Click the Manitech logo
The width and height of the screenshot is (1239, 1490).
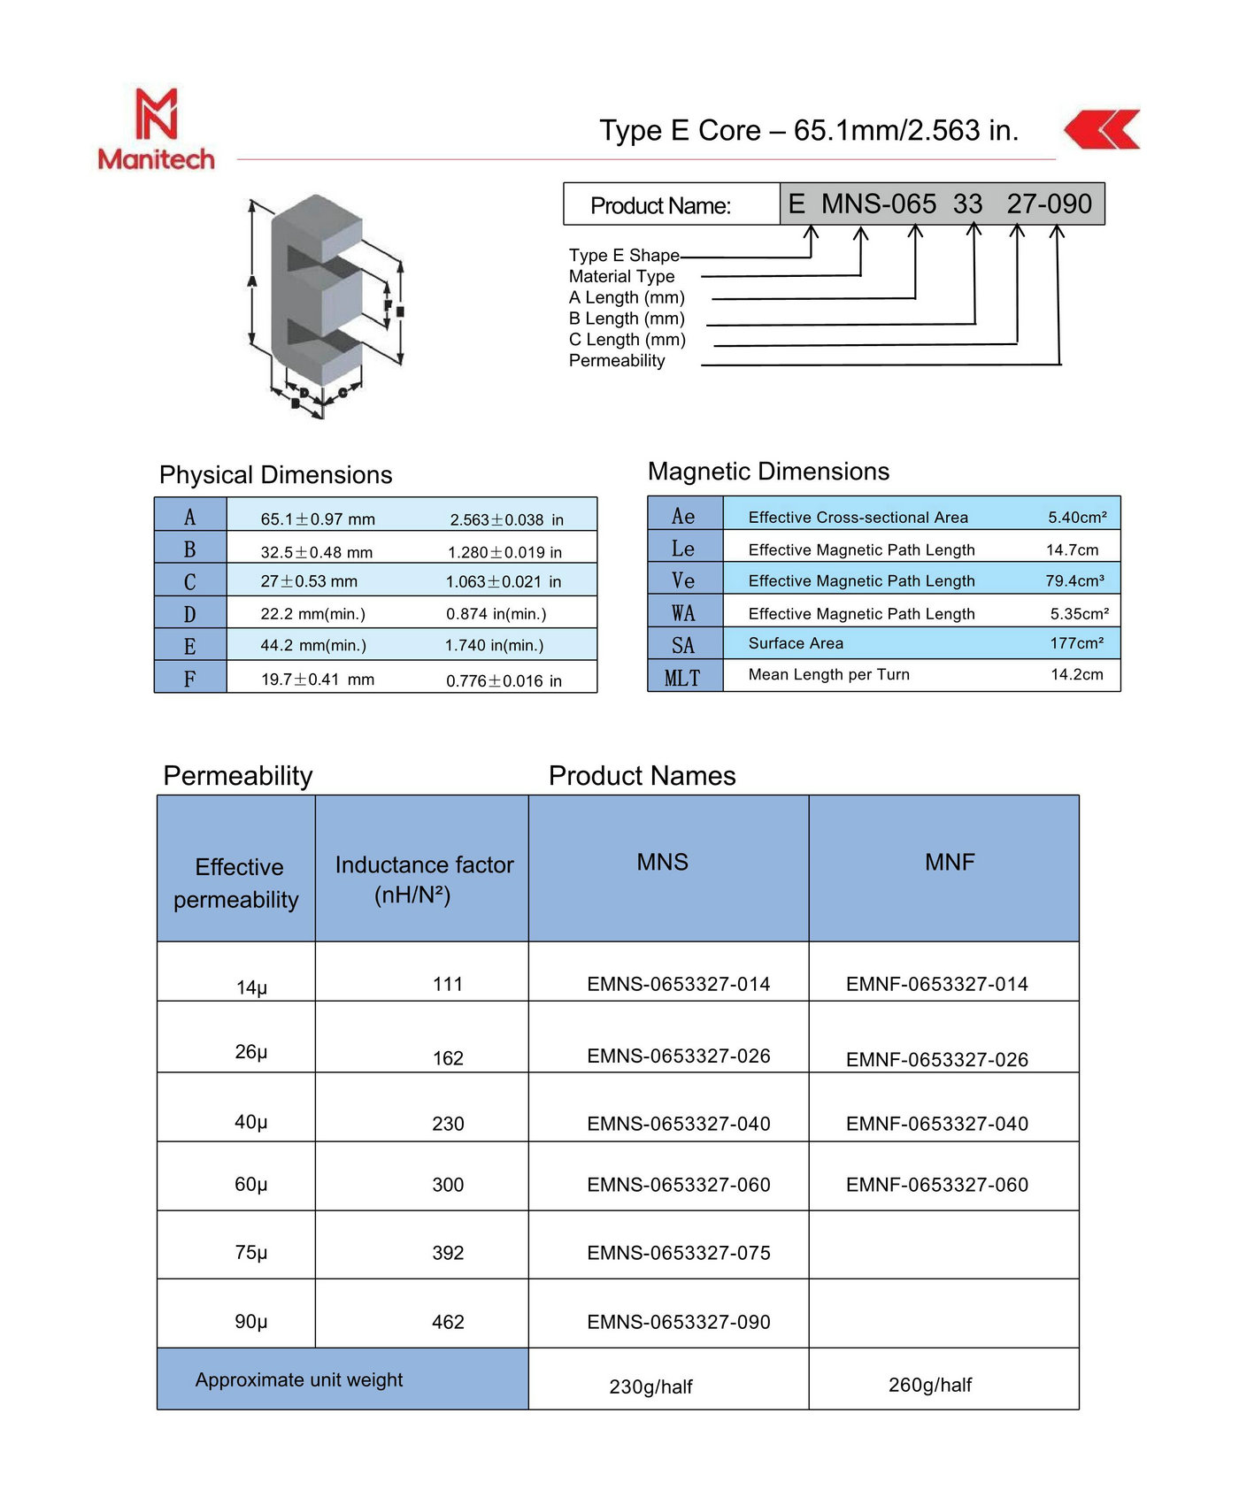(156, 129)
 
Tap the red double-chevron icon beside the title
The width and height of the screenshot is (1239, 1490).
(1102, 130)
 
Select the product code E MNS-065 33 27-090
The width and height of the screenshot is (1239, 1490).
(940, 204)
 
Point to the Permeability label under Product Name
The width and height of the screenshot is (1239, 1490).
(616, 361)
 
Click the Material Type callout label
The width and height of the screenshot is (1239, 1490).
(621, 277)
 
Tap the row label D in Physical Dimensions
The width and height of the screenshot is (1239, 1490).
(189, 614)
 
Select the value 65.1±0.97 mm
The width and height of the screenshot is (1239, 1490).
(318, 519)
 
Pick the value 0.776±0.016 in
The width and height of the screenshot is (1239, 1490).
(504, 680)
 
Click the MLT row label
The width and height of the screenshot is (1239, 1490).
(682, 678)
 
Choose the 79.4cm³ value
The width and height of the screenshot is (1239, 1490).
(1074, 581)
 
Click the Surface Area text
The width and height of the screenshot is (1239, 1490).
(796, 643)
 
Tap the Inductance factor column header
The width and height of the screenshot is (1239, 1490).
(423, 878)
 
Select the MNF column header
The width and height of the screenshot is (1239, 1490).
(949, 862)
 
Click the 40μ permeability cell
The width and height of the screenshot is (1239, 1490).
(250, 1122)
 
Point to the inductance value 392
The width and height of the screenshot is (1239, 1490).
(448, 1253)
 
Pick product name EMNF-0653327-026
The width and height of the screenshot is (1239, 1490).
(936, 1059)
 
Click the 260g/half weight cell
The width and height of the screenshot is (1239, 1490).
(929, 1385)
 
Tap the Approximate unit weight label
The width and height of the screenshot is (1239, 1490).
(299, 1379)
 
